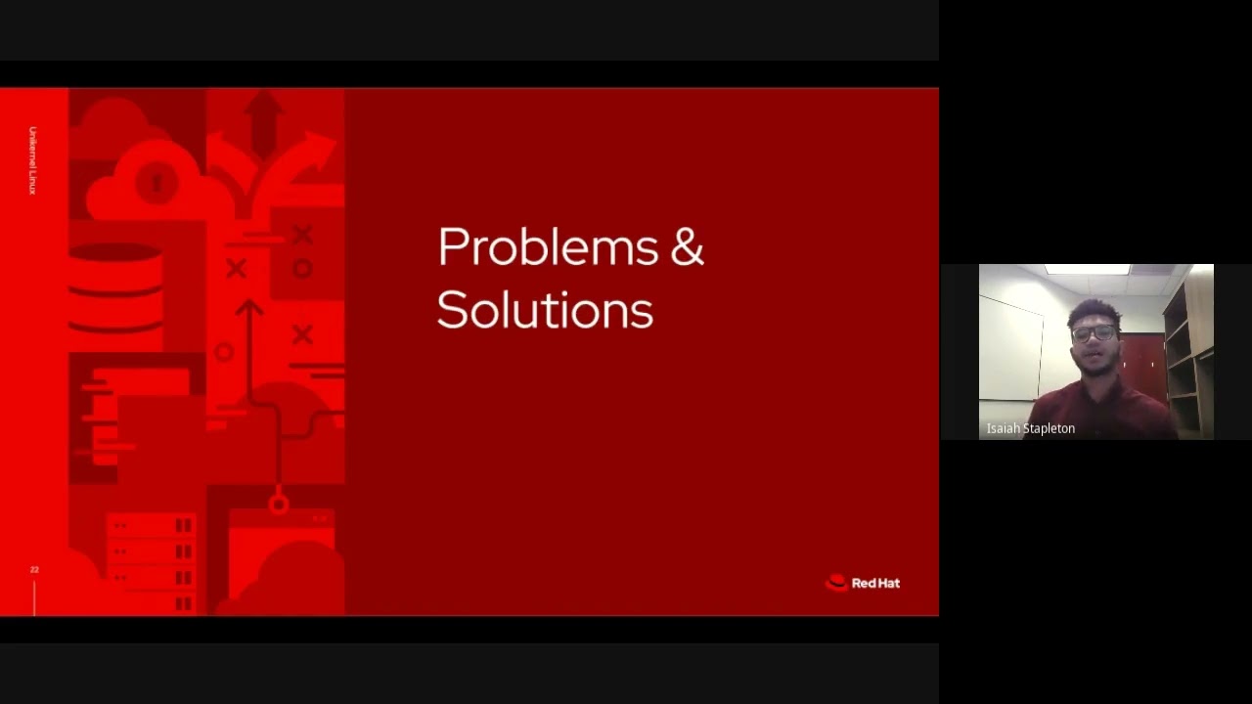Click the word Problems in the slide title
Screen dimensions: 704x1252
point(547,247)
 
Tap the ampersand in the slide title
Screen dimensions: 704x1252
point(687,247)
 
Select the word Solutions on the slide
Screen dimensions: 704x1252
point(544,310)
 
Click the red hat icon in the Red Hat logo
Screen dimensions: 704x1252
point(836,583)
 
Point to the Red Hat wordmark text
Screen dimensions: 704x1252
point(875,583)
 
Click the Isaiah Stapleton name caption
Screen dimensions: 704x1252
point(1030,428)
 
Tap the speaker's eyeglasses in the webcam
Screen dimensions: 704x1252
point(1094,333)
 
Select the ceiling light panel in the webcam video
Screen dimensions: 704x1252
point(1087,269)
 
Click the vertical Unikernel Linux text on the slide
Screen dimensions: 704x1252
point(32,160)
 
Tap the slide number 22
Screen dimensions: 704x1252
point(34,569)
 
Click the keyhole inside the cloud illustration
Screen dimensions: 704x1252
point(157,181)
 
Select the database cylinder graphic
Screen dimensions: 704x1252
point(114,284)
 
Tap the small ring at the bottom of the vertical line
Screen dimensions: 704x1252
point(279,505)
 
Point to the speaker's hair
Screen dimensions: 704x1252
point(1094,312)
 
